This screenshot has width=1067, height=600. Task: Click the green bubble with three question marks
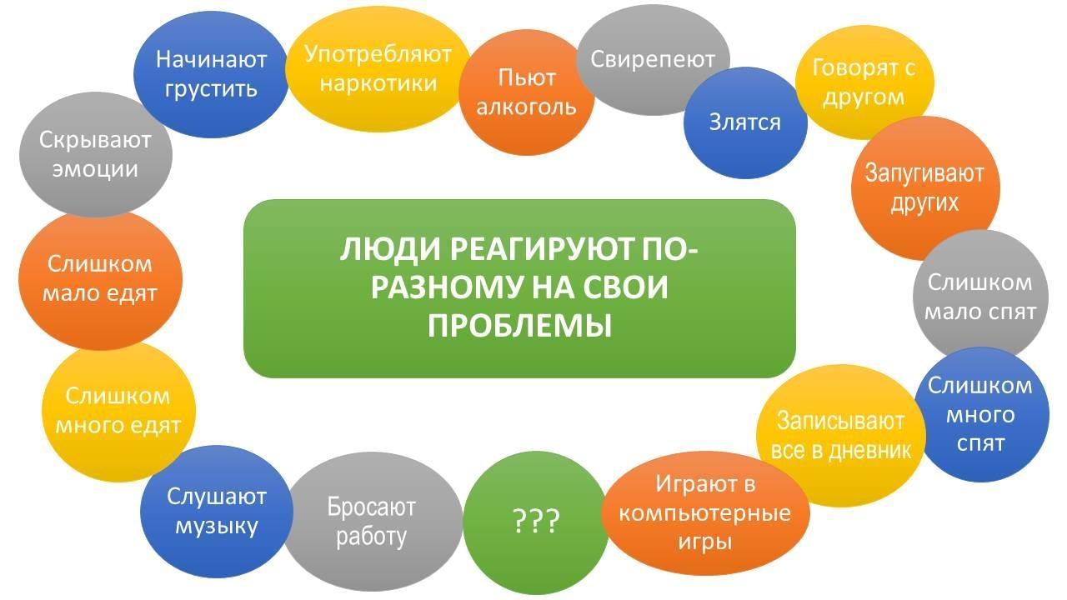click(x=535, y=522)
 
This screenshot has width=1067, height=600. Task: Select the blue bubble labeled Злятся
click(x=745, y=122)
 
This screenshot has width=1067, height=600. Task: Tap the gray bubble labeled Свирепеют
click(x=653, y=60)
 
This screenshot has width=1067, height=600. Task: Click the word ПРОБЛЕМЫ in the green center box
click(x=519, y=326)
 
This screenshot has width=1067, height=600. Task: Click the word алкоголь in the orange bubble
click(x=526, y=107)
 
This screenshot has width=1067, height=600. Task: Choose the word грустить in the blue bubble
click(x=211, y=89)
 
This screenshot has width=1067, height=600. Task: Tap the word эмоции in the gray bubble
click(x=95, y=169)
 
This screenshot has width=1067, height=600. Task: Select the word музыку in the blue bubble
click(x=217, y=526)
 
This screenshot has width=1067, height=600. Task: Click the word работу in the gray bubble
click(x=371, y=537)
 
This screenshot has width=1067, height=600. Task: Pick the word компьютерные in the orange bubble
click(x=704, y=513)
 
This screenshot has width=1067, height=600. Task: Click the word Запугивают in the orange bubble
click(x=924, y=172)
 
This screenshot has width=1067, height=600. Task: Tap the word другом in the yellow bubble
click(x=863, y=97)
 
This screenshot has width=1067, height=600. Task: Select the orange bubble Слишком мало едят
click(x=100, y=280)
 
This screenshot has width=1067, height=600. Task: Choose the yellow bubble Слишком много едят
click(x=118, y=412)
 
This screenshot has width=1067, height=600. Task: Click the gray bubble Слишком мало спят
click(x=980, y=296)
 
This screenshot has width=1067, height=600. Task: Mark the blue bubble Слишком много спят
click(x=980, y=414)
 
